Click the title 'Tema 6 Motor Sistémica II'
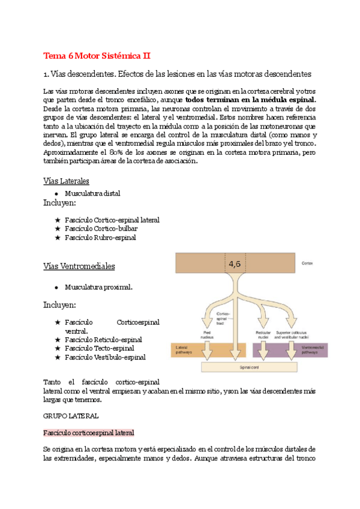click(97, 56)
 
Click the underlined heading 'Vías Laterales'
click(66, 181)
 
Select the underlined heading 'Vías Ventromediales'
click(79, 266)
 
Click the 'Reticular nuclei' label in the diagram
click(263, 334)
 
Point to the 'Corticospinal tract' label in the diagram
click(223, 318)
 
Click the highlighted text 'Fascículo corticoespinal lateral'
click(89, 432)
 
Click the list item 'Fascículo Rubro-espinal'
click(100, 237)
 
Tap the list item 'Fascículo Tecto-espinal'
click(99, 348)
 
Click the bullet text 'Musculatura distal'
click(92, 193)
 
